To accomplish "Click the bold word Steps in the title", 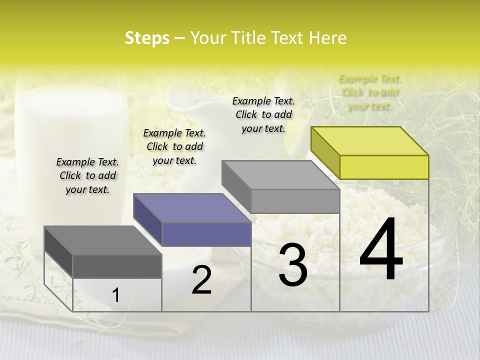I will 147,38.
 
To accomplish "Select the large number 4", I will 381,250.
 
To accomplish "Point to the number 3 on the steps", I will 293,264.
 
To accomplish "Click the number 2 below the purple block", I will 201,280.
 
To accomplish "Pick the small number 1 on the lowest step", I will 115,295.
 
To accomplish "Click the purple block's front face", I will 206,234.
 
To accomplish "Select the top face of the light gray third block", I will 280,175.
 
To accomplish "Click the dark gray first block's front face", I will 117,266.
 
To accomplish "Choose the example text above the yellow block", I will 369,92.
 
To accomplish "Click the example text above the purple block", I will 174,146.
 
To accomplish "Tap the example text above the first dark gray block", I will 87,175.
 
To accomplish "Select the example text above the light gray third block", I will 263,114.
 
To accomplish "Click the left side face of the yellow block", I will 325,152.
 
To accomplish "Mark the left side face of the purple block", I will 147,219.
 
